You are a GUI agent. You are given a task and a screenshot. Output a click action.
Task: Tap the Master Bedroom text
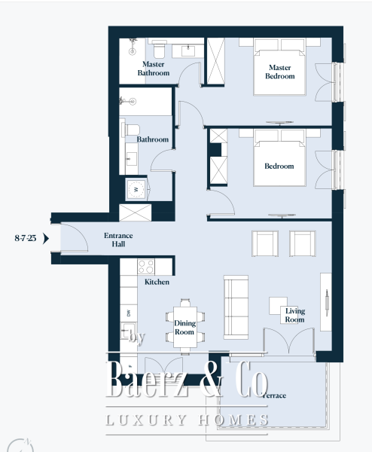point(279,72)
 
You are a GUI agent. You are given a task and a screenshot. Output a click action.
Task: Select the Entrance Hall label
point(118,240)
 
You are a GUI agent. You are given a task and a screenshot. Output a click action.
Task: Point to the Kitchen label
point(157,282)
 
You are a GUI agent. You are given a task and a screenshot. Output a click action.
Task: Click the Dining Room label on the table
point(184,327)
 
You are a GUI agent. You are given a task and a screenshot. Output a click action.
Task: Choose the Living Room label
point(294,315)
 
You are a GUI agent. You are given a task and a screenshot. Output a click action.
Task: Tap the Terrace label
point(274,395)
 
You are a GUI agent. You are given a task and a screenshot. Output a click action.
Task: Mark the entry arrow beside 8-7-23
point(46,239)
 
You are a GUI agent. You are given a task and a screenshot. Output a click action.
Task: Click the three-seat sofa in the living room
point(236,307)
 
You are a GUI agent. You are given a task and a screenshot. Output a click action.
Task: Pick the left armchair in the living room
point(266,243)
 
